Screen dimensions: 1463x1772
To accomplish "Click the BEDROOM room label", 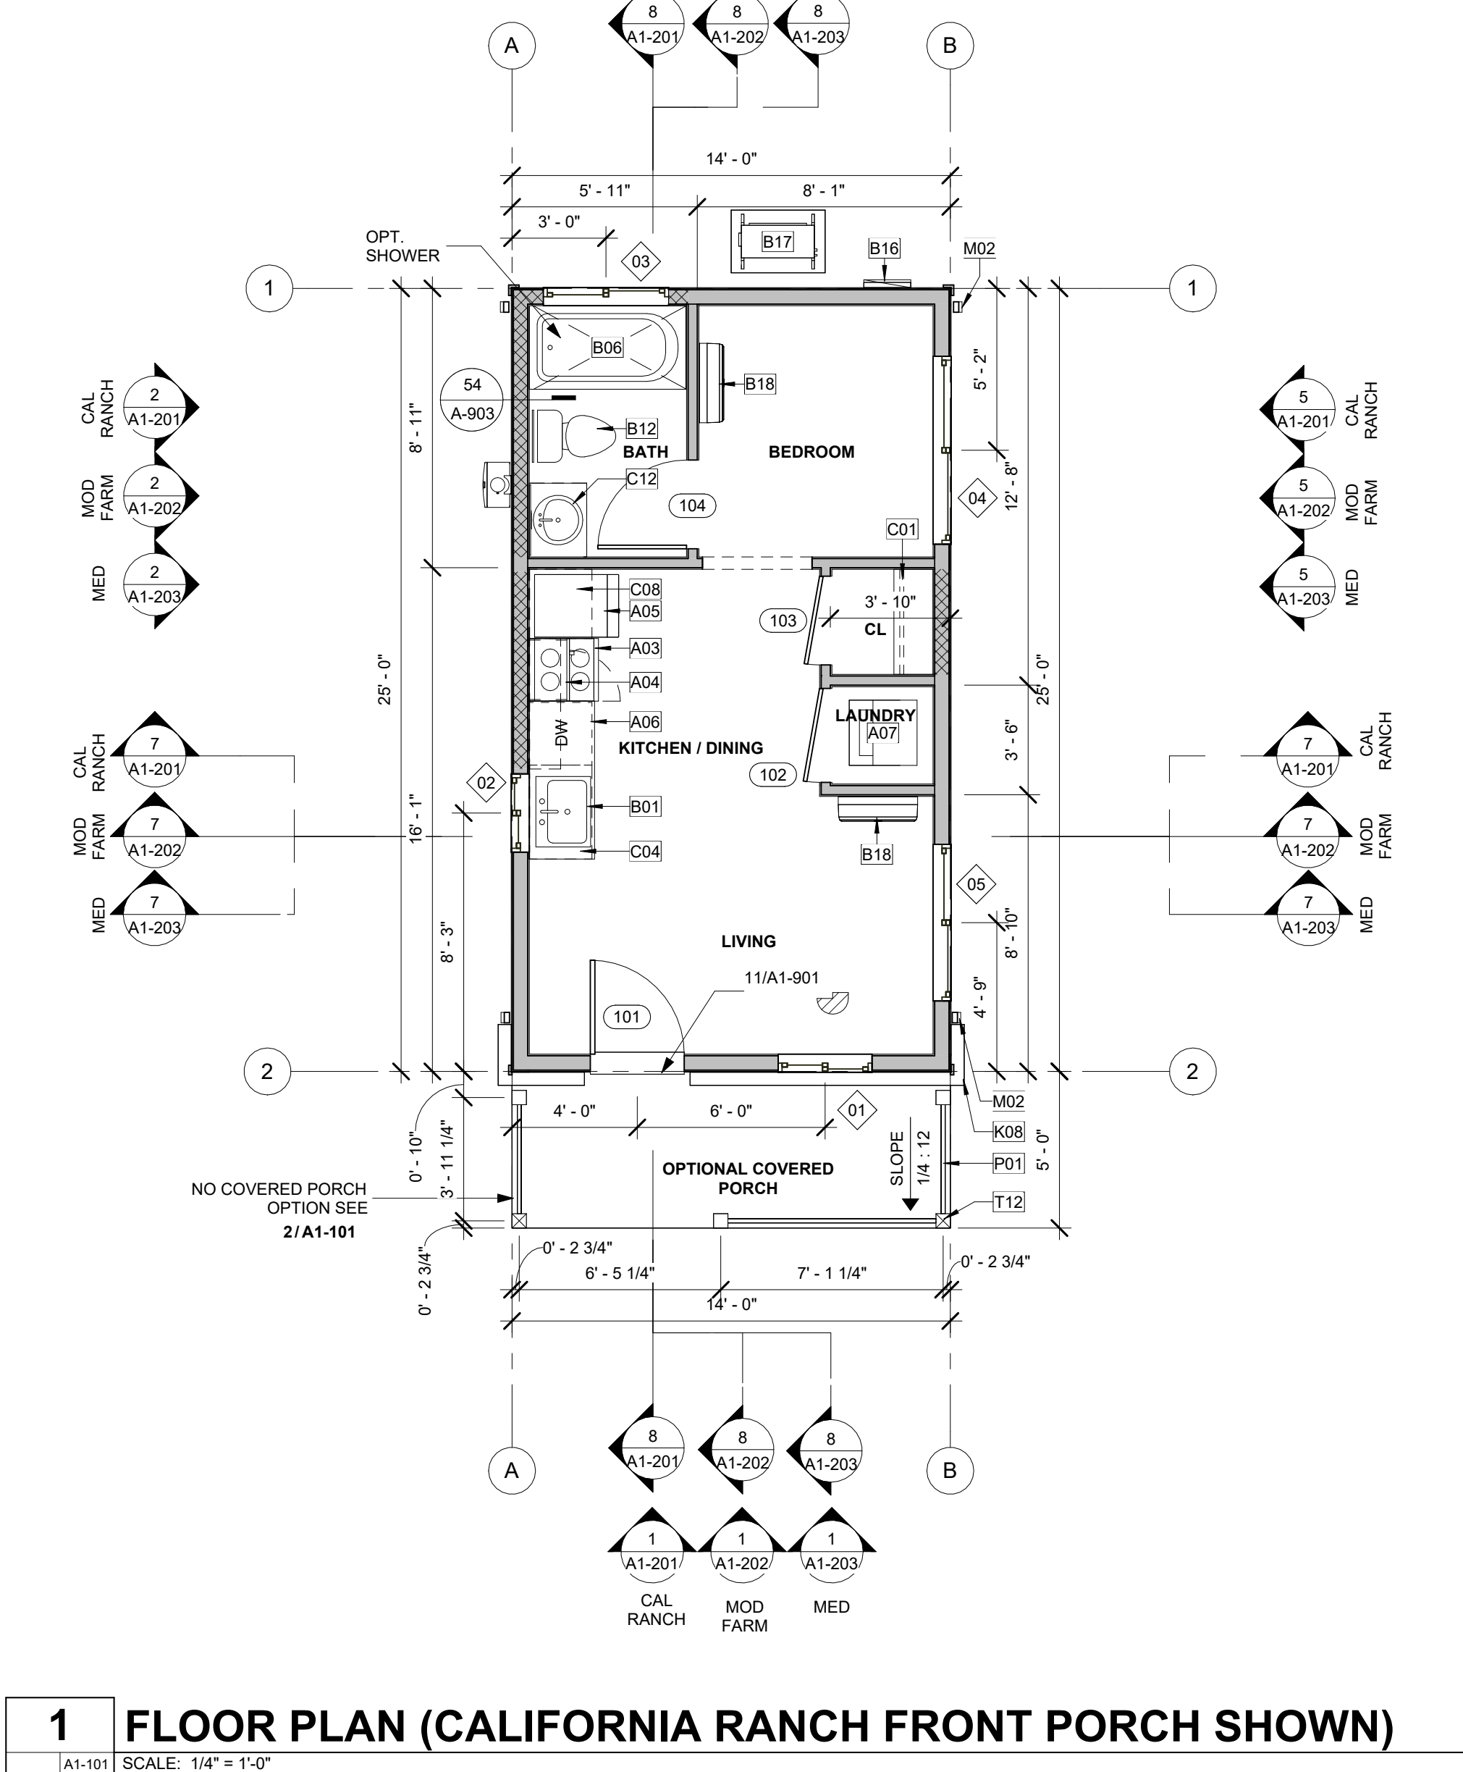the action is coord(811,452).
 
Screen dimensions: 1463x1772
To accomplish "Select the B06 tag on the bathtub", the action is coord(607,348).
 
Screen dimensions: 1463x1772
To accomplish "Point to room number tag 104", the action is coord(692,505).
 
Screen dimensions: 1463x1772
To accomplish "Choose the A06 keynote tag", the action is coord(645,721).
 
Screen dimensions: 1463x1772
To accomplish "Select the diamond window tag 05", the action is coord(976,884).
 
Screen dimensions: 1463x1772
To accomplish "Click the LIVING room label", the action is coord(749,941).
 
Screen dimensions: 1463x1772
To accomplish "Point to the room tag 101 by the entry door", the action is coord(626,1017).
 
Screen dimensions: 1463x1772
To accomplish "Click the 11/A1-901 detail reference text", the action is coord(781,978).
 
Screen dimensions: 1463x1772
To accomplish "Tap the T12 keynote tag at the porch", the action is coord(1008,1202).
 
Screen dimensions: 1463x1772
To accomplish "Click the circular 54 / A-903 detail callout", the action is coord(472,400).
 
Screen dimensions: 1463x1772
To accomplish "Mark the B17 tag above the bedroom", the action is coord(777,242).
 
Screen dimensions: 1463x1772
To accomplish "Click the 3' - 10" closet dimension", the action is coord(890,602).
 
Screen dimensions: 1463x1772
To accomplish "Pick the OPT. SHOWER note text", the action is coord(402,246).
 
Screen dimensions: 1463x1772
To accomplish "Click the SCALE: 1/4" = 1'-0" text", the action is coord(196,1763).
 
